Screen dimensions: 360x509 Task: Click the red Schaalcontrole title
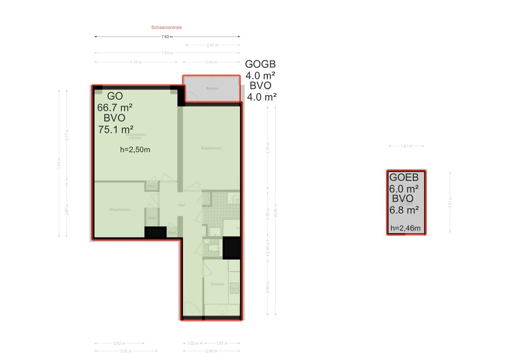click(167, 28)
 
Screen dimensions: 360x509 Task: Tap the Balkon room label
click(212, 89)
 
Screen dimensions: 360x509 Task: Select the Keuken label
click(217, 284)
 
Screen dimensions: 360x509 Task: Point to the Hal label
click(182, 205)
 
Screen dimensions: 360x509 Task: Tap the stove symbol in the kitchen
click(234, 288)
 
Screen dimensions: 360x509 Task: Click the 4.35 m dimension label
click(136, 62)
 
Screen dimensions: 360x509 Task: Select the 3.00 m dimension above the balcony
click(211, 62)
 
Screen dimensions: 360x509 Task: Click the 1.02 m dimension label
click(192, 343)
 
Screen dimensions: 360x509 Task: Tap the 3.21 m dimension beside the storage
click(449, 203)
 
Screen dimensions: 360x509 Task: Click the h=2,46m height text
click(406, 229)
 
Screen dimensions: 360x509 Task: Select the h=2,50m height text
click(135, 149)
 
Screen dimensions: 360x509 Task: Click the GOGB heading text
click(260, 65)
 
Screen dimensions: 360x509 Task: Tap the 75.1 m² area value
click(115, 129)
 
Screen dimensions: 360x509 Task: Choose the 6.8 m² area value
click(404, 210)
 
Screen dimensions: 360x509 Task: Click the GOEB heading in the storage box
click(404, 178)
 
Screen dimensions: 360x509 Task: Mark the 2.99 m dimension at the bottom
click(211, 352)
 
